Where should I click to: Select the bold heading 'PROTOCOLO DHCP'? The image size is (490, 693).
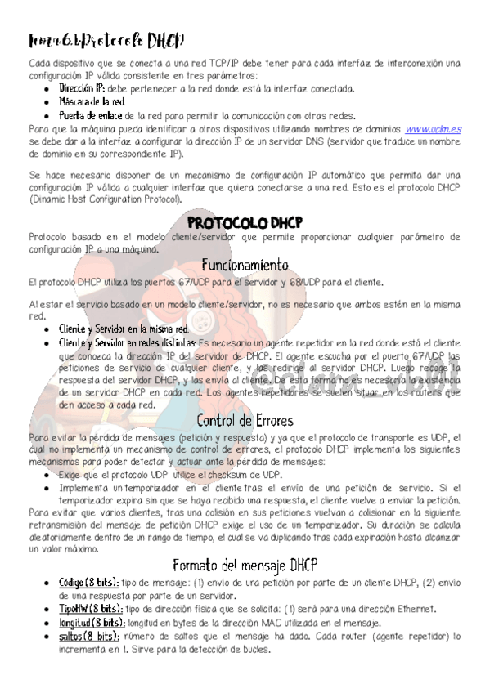pyautogui.click(x=245, y=223)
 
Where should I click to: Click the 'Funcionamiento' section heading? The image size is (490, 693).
pyautogui.click(x=245, y=265)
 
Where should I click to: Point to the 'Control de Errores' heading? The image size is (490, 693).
pyautogui.click(x=245, y=421)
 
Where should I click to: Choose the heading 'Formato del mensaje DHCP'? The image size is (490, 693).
pyautogui.click(x=245, y=566)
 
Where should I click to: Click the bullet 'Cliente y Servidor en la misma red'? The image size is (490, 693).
pyautogui.click(x=124, y=329)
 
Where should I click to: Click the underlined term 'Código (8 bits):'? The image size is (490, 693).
pyautogui.click(x=88, y=583)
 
